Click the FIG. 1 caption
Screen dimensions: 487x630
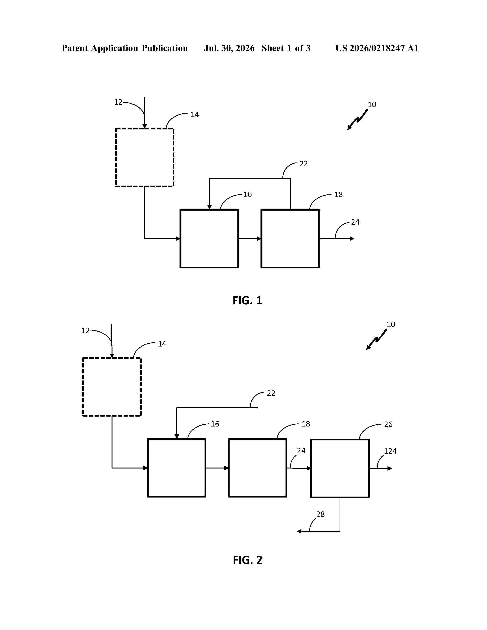pos(247,300)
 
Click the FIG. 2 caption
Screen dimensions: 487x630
pos(248,560)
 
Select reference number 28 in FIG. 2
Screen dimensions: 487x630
pos(320,514)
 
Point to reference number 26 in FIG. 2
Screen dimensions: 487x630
pos(388,424)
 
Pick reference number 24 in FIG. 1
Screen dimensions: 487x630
pos(355,222)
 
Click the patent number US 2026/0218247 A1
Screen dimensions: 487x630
pos(377,48)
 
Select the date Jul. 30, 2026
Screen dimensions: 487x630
pos(229,48)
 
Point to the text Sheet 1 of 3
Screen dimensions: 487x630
pos(286,48)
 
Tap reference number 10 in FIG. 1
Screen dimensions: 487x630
pos(372,104)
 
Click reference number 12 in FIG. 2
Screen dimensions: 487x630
pos(85,331)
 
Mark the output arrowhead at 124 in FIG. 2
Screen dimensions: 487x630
pos(390,468)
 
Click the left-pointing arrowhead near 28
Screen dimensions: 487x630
pos(299,531)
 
